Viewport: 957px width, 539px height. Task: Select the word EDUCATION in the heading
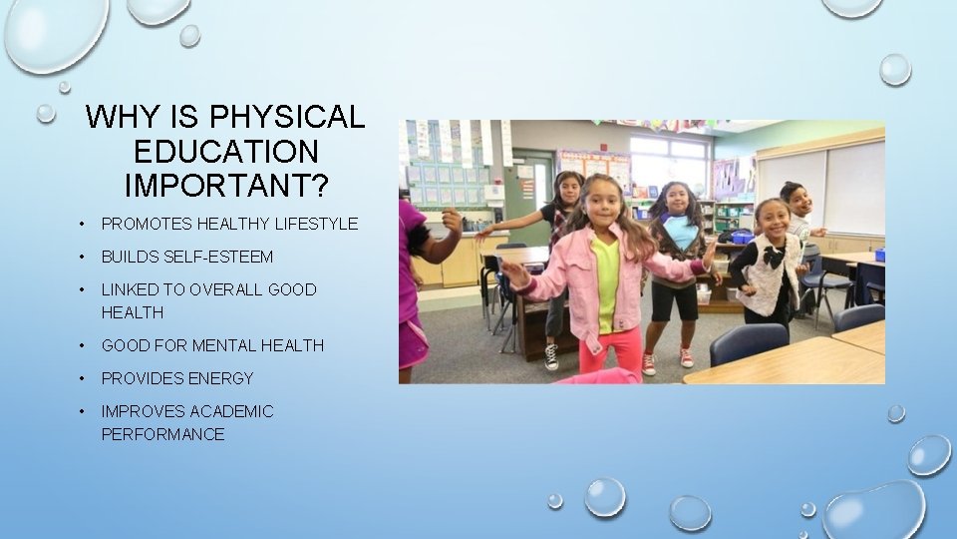click(x=225, y=152)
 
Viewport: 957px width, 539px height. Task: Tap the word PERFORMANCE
click(x=162, y=434)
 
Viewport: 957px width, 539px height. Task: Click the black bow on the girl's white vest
click(x=775, y=257)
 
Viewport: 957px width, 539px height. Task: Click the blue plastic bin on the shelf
click(x=741, y=237)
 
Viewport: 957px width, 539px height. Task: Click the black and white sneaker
click(x=551, y=355)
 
